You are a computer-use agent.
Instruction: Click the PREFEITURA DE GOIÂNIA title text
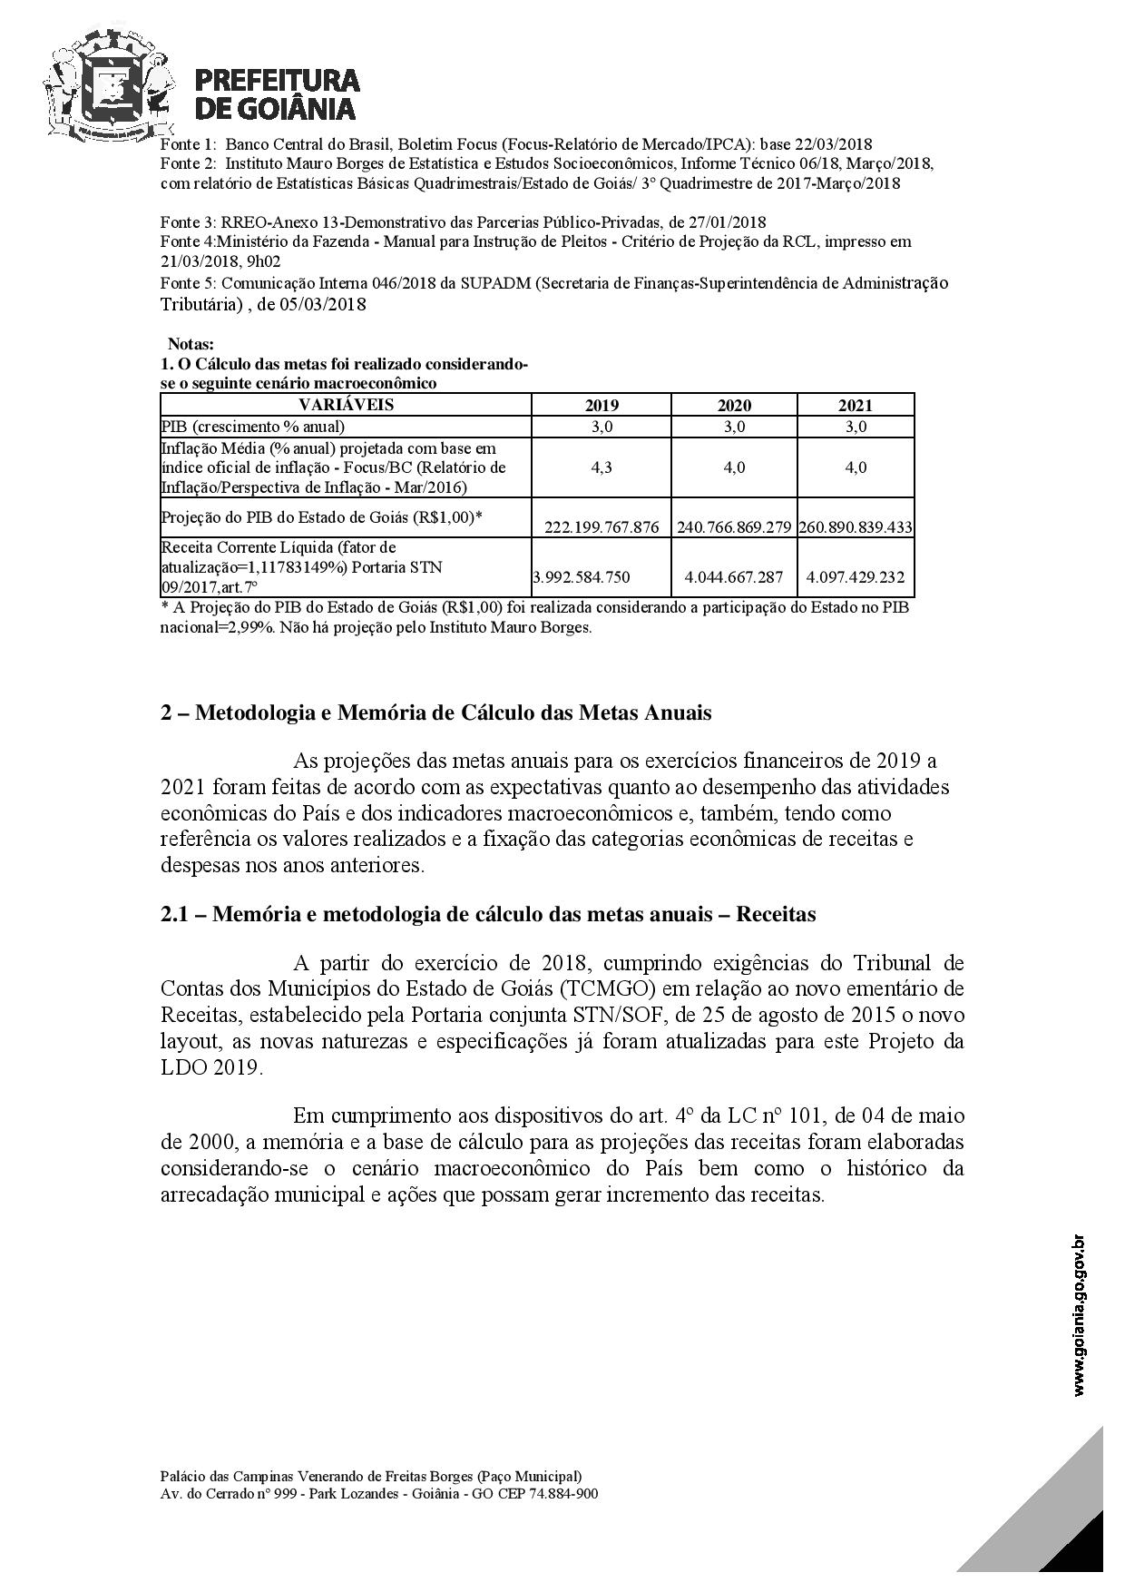click(x=278, y=94)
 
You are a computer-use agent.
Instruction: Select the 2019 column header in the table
click(x=601, y=405)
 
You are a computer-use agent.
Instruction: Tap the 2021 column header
click(x=855, y=405)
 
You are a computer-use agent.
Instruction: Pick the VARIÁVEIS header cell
click(x=346, y=405)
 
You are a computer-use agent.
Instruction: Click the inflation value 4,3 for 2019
click(x=601, y=467)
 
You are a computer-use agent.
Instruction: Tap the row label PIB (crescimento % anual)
click(x=253, y=427)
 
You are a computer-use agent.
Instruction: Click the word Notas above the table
click(x=191, y=345)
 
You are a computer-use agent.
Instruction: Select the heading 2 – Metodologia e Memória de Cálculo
click(x=435, y=712)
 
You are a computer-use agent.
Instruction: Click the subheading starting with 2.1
click(x=488, y=914)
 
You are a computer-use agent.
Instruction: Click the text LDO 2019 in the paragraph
click(x=210, y=1067)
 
